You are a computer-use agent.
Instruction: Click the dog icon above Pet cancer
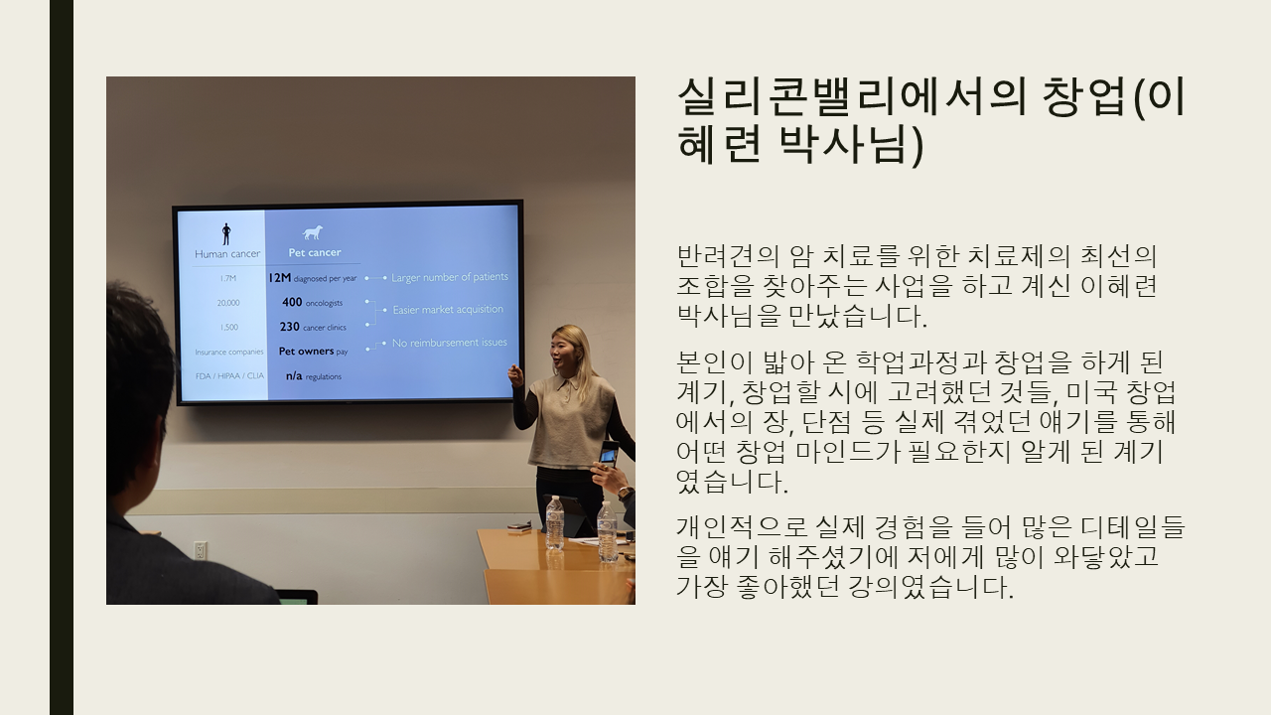click(x=313, y=232)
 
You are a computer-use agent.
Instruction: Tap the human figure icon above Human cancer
click(x=226, y=233)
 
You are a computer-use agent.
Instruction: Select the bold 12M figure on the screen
click(x=280, y=277)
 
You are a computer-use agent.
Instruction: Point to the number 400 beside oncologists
click(x=292, y=302)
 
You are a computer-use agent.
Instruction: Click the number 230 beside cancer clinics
click(x=289, y=327)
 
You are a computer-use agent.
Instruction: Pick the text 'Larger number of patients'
click(x=450, y=277)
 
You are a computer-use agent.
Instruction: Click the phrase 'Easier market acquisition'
click(x=448, y=309)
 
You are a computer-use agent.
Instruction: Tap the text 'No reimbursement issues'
click(x=450, y=343)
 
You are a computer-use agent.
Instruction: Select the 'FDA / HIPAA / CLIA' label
click(x=229, y=375)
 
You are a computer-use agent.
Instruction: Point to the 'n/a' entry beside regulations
click(x=294, y=375)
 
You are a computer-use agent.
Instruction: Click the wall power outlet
click(x=200, y=550)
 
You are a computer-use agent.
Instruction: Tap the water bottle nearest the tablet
click(x=554, y=522)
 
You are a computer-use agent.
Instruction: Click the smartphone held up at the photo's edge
click(x=609, y=455)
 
